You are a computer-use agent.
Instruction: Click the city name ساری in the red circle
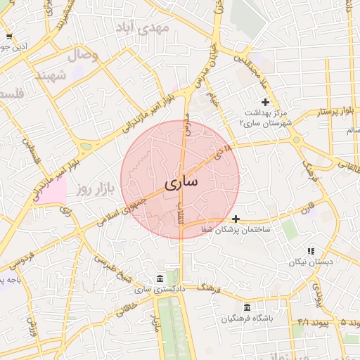[181, 182]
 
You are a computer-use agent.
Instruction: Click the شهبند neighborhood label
[53, 75]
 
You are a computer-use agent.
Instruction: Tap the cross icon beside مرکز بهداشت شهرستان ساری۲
[264, 102]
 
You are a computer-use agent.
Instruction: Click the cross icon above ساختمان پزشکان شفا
[236, 219]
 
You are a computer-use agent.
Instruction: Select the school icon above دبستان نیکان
[310, 251]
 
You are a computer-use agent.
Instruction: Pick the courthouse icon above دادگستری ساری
[160, 278]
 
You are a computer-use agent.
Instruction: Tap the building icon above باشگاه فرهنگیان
[247, 307]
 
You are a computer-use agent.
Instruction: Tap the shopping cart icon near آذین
[8, 37]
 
